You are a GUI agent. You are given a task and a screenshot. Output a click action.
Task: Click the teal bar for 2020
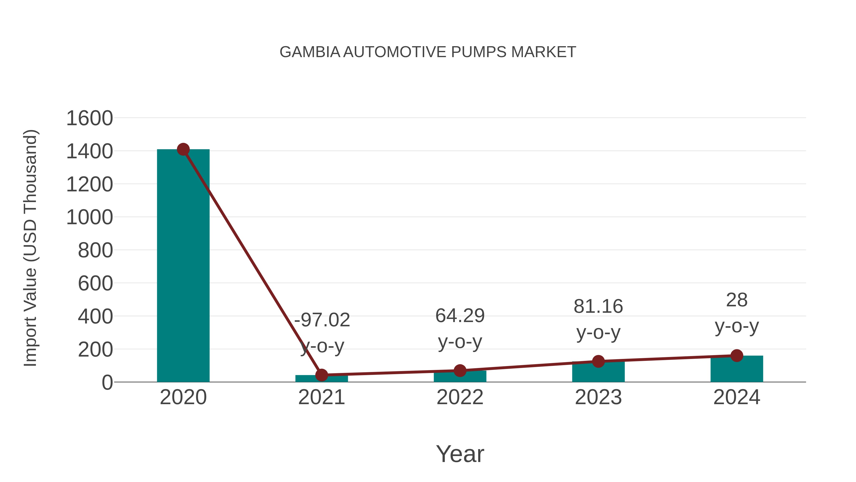tap(183, 266)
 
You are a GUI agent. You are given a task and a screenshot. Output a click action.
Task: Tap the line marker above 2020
tap(183, 149)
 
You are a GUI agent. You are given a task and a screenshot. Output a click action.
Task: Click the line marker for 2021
tap(321, 375)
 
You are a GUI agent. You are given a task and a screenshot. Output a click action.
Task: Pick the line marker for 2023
tap(598, 361)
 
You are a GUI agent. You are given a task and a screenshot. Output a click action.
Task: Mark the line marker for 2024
tap(737, 355)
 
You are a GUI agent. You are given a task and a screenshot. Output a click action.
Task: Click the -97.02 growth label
tap(322, 320)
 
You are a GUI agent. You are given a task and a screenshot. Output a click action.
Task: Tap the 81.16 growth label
tap(598, 306)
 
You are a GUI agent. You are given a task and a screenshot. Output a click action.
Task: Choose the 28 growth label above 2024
tap(737, 300)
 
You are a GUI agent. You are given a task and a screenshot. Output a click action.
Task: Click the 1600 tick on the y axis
tap(89, 119)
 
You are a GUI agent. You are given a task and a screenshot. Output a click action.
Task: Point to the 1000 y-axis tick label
tap(89, 218)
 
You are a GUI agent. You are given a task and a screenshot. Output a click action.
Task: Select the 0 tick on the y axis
tap(107, 383)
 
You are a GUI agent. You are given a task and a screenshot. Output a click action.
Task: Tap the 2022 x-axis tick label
tap(460, 397)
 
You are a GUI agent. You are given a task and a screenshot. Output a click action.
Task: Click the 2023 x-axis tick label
tap(598, 397)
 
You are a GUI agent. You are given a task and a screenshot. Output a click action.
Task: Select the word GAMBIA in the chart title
tap(310, 52)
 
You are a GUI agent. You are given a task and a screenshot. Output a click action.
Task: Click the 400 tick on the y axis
tap(95, 317)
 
